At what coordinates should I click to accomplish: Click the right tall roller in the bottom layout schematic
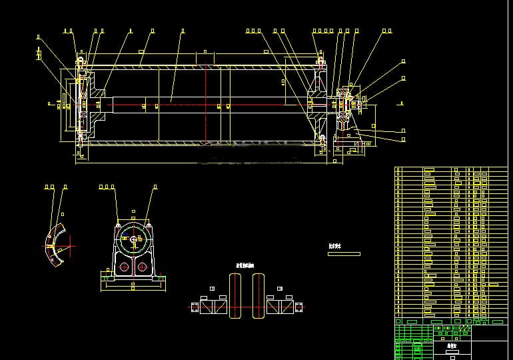258,296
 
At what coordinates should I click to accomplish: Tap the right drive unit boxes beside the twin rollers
280,307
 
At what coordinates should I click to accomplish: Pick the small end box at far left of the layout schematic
195,307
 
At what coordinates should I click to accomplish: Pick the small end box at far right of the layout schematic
299,307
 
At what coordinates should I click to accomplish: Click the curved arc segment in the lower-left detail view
55,244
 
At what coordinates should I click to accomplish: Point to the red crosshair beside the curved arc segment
69,245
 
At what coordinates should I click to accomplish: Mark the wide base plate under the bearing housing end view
132,281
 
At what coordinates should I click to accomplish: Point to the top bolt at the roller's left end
81,63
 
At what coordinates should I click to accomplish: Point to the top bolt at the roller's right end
321,63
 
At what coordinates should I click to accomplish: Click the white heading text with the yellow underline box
334,245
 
